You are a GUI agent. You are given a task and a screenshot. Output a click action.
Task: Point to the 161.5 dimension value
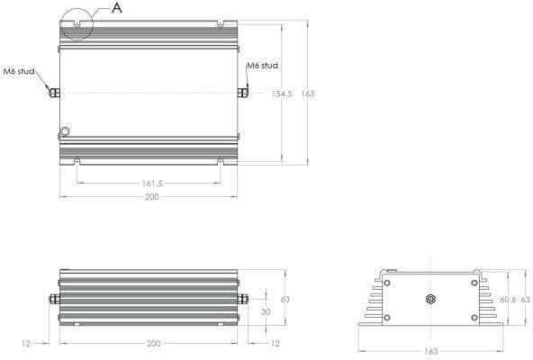tap(150, 183)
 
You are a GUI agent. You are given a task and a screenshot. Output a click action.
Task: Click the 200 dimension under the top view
tap(150, 196)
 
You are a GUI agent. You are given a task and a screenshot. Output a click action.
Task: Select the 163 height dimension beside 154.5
tap(308, 93)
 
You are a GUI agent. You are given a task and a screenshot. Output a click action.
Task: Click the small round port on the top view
tap(65, 131)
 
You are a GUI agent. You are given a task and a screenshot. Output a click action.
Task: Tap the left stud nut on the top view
tap(55, 93)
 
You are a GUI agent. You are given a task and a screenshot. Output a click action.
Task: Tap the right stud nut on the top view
tap(244, 93)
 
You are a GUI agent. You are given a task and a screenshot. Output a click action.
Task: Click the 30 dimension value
tap(265, 310)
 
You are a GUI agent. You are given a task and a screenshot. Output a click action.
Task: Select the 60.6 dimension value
tap(508, 299)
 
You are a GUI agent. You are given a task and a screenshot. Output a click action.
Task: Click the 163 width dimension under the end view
tap(430, 351)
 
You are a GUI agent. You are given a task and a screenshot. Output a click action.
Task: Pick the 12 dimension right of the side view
tap(275, 343)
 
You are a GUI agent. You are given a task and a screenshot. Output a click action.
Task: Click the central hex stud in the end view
tap(430, 298)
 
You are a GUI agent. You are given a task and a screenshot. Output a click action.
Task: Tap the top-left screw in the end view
tap(387, 282)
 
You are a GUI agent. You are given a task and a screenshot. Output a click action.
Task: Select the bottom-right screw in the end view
tap(474, 315)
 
